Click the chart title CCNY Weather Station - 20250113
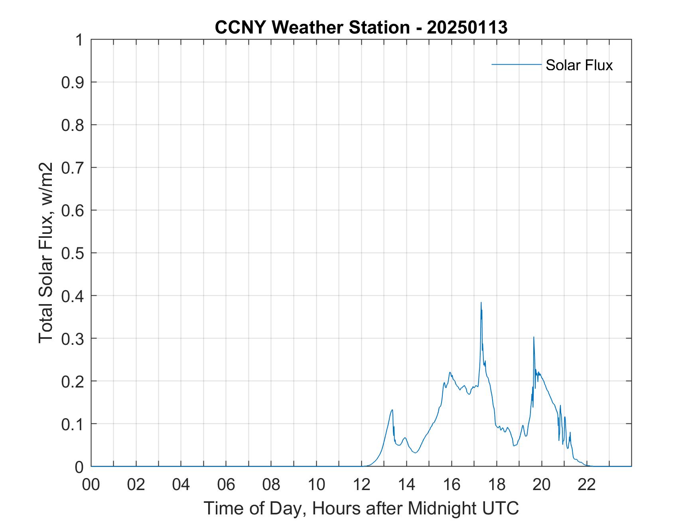pyautogui.click(x=361, y=28)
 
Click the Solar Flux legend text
pyautogui.click(x=579, y=65)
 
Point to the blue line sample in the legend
pyautogui.click(x=516, y=64)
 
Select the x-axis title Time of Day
pyautogui.click(x=361, y=508)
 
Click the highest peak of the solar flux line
pyautogui.click(x=481, y=303)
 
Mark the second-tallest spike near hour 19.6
pyautogui.click(x=534, y=337)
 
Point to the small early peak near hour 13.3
pyautogui.click(x=392, y=410)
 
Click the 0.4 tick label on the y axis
pyautogui.click(x=73, y=296)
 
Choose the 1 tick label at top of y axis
pyautogui.click(x=79, y=40)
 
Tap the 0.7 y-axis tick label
pyautogui.click(x=73, y=168)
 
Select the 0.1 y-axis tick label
pyautogui.click(x=73, y=424)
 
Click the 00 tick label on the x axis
pyautogui.click(x=91, y=484)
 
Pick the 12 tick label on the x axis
pyautogui.click(x=361, y=484)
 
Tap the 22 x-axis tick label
pyautogui.click(x=587, y=484)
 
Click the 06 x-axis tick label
pyautogui.click(x=226, y=484)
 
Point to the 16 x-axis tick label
pyautogui.click(x=452, y=484)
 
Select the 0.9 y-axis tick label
pyautogui.click(x=73, y=82)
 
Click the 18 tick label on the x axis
pyautogui.click(x=497, y=484)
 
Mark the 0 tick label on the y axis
pyautogui.click(x=79, y=467)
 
